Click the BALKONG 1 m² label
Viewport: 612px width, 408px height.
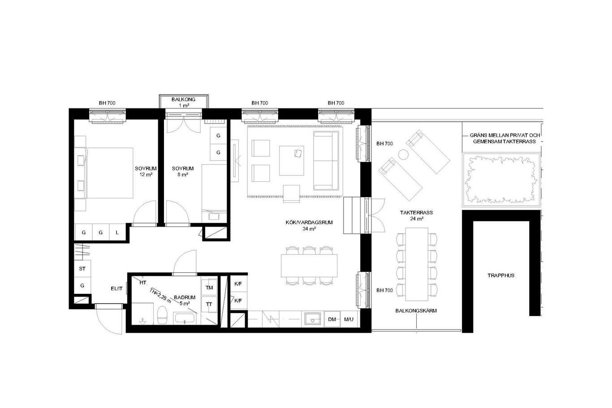183,103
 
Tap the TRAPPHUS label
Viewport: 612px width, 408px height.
501,275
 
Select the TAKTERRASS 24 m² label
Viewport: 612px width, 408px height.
416,215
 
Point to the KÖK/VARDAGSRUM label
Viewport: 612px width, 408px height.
309,223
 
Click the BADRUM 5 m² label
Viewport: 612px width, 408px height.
185,301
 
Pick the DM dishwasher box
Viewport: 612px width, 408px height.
332,319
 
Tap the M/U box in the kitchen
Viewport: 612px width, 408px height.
349,319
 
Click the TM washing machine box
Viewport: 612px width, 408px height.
209,288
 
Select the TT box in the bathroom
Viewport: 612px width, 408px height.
209,305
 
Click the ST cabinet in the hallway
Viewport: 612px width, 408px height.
82,269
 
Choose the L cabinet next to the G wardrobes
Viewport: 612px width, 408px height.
117,232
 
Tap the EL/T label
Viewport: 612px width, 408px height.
116,288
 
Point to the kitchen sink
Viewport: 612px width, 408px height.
313,318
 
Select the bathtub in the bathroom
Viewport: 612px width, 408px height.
185,319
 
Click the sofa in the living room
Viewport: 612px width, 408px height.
327,161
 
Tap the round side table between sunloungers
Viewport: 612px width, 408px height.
403,155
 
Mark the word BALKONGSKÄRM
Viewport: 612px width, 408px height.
416,311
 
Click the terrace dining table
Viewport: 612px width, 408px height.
417,264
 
